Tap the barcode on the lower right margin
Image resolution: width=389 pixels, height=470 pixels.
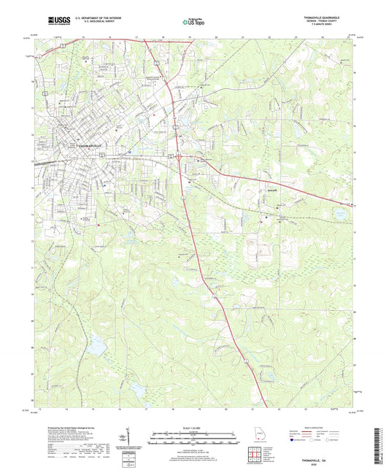click(381, 438)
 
